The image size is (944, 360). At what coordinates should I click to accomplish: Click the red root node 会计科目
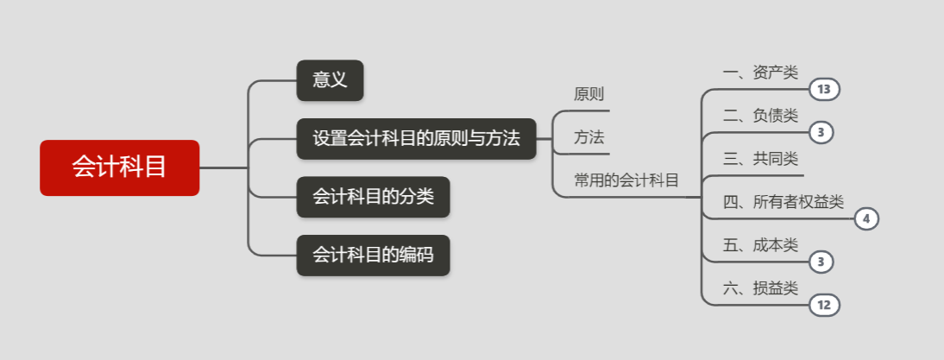click(119, 167)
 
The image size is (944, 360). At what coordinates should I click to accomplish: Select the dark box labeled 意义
click(330, 80)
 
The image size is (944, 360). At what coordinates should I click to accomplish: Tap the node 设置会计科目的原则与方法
click(416, 138)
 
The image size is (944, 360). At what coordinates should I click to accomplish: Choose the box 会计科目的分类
click(373, 197)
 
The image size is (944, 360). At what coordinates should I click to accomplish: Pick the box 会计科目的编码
click(373, 255)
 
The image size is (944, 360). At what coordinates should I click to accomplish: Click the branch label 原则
click(588, 94)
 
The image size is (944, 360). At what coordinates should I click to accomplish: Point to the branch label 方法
click(588, 137)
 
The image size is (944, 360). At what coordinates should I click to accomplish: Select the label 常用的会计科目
click(626, 180)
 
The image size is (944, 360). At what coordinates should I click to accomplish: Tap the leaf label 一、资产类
click(760, 73)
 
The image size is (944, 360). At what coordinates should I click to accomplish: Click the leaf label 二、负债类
click(760, 116)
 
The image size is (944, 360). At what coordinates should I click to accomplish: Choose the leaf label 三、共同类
click(760, 159)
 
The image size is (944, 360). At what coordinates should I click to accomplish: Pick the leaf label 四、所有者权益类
click(783, 202)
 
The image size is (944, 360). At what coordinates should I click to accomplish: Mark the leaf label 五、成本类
click(760, 245)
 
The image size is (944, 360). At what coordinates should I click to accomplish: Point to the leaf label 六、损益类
click(760, 288)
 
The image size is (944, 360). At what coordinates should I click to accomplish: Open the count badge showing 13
click(824, 90)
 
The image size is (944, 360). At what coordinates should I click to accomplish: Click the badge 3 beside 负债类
click(821, 133)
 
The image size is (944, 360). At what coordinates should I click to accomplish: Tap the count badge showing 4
click(866, 219)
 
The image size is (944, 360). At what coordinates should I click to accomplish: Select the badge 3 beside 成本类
click(821, 262)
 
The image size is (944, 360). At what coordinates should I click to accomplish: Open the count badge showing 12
click(824, 305)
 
